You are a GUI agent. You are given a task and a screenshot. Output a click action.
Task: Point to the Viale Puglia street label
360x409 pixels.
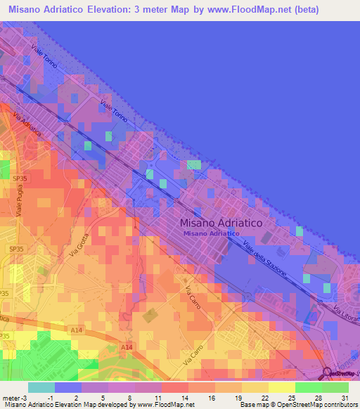point(20,200)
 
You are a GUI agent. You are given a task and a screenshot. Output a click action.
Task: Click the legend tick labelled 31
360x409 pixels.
point(344,397)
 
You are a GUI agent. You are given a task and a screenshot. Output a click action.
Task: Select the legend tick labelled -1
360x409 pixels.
point(50,397)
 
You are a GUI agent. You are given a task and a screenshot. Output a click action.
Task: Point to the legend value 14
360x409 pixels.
point(184,397)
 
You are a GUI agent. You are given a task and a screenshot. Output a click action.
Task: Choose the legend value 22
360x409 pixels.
point(264,397)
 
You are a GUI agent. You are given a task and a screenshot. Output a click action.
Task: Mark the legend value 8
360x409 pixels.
point(130,397)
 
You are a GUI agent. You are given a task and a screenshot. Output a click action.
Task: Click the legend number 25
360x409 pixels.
point(290,397)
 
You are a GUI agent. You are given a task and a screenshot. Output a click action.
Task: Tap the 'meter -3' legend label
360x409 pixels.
point(15,397)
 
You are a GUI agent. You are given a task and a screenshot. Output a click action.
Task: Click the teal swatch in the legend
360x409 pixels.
point(41,387)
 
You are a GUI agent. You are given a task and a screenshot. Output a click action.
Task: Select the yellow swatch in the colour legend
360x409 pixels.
point(281,387)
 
